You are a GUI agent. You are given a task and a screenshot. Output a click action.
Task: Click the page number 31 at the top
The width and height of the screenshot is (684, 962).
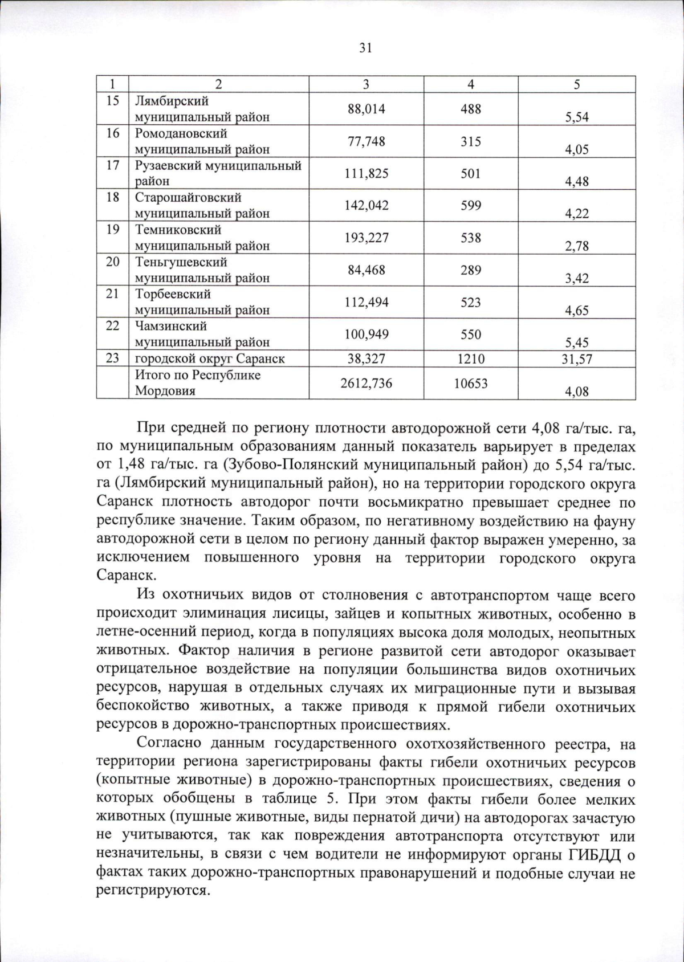click(x=365, y=48)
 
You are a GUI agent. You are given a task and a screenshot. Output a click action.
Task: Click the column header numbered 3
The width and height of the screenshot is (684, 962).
click(x=366, y=84)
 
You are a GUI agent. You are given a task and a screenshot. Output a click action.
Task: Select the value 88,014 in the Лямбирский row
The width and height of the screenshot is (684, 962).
click(x=366, y=108)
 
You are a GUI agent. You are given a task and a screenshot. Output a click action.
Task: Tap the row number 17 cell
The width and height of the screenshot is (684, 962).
click(x=113, y=165)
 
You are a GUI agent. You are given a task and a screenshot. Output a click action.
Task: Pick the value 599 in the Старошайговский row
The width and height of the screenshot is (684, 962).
click(x=471, y=205)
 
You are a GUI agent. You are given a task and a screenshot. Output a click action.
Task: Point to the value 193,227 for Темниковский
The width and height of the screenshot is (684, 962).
click(x=366, y=238)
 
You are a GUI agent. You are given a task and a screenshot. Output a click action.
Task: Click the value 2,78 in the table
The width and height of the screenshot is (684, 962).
click(x=576, y=246)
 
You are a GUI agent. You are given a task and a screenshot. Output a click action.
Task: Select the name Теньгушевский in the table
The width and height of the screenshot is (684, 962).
click(x=181, y=262)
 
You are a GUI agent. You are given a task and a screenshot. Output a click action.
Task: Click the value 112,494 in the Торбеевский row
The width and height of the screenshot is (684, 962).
click(x=366, y=302)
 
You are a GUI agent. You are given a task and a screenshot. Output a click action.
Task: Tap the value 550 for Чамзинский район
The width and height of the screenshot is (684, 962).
click(x=471, y=334)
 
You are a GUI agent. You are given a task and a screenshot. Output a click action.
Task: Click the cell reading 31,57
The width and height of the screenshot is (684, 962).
click(x=576, y=359)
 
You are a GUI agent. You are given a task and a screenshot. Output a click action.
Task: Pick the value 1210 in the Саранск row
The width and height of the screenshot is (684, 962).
click(x=471, y=359)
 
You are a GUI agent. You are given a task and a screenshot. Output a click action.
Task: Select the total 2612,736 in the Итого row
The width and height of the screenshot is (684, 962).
click(x=366, y=383)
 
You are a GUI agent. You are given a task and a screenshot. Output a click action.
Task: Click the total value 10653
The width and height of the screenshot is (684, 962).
click(x=471, y=383)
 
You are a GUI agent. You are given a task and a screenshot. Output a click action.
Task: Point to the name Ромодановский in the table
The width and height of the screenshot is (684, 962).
click(x=181, y=133)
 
